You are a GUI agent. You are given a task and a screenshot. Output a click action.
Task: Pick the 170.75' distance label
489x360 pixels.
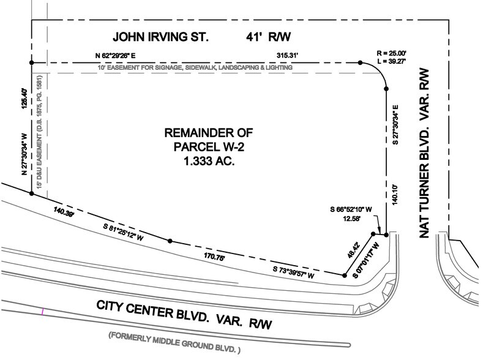(208, 258)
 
